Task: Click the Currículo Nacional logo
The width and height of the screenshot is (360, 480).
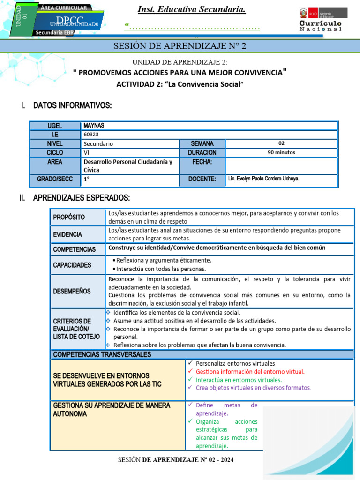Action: (x=320, y=20)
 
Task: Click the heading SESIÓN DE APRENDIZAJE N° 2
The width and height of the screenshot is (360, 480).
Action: (x=180, y=46)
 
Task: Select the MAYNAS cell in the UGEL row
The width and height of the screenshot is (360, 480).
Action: (x=94, y=126)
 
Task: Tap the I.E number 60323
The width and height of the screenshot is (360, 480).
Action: (x=91, y=135)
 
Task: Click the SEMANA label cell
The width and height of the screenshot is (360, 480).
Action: (x=202, y=143)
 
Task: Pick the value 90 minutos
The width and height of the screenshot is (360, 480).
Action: (x=281, y=152)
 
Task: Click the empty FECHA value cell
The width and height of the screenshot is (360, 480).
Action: (x=281, y=165)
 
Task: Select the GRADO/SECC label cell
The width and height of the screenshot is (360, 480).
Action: (x=55, y=179)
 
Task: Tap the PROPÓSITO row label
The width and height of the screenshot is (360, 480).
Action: (x=69, y=217)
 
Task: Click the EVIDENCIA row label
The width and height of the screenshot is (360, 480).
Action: (x=67, y=234)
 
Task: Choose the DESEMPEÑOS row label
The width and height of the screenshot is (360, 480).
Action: (x=72, y=291)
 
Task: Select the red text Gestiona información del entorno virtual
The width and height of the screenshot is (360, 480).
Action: (x=250, y=372)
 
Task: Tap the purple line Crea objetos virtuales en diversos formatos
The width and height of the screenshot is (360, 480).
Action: (x=253, y=388)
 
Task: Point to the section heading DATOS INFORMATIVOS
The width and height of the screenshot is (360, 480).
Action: (x=72, y=106)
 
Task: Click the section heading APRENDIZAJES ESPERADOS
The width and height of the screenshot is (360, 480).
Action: (x=81, y=198)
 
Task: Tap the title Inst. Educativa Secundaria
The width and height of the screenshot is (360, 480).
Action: (x=192, y=10)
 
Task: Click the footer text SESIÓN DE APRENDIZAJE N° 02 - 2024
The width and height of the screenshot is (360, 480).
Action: (x=175, y=460)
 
